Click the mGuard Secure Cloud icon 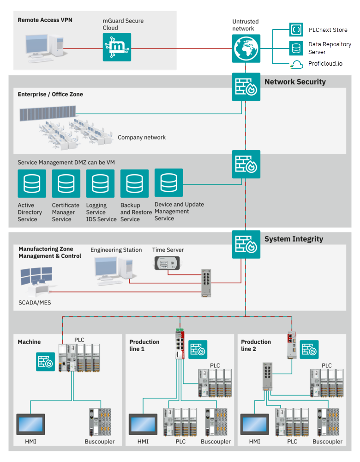tap(117, 47)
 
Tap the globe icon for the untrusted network tap(246, 47)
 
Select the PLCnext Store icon tap(296, 30)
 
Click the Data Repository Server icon tap(296, 48)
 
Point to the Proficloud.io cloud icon tap(296, 64)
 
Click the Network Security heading tap(295, 82)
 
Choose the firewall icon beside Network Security tap(246, 87)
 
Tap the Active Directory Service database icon tap(32, 183)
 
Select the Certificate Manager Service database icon tap(66, 183)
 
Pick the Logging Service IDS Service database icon tap(100, 183)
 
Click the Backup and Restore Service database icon tap(134, 183)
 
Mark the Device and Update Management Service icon tap(168, 182)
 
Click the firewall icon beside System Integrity tap(246, 244)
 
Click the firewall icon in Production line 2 tap(309, 350)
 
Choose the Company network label tap(142, 137)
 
